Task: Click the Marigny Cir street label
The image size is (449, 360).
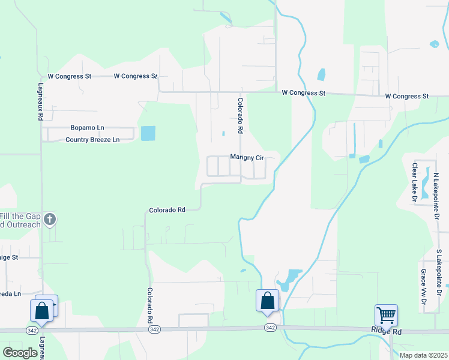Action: [x=247, y=157]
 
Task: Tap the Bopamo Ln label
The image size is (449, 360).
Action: [x=87, y=128]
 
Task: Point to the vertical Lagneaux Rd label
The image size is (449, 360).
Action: [x=41, y=103]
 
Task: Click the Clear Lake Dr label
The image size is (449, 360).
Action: [x=414, y=181]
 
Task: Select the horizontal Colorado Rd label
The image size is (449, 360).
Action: [x=167, y=210]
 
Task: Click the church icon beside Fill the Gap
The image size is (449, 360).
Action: [x=50, y=220]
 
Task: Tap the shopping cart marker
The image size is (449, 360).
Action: [x=386, y=314]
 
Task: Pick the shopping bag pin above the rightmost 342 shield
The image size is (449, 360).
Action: [x=267, y=300]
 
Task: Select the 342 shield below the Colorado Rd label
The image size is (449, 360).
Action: [x=155, y=329]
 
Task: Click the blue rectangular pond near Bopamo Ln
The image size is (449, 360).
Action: [x=148, y=133]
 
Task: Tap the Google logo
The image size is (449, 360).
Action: [x=20, y=353]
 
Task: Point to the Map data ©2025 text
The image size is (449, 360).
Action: [x=423, y=355]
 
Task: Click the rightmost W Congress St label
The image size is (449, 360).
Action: [x=407, y=96]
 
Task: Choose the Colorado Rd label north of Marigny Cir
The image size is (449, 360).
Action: [x=240, y=115]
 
